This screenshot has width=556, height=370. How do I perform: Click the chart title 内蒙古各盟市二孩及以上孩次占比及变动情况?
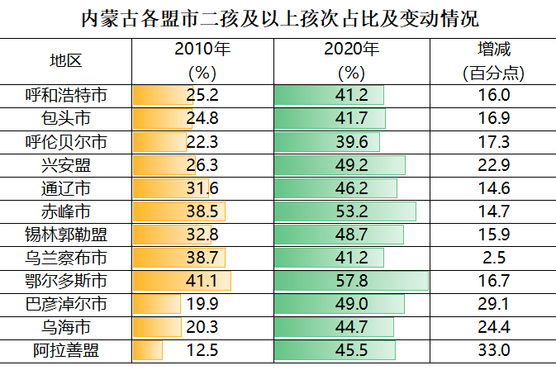coord(278,18)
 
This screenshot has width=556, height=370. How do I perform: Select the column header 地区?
coord(66,61)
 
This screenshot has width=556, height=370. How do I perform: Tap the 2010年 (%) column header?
coord(202,61)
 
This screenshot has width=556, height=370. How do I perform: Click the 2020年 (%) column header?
coord(351,61)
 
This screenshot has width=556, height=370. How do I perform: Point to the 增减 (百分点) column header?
coord(494,61)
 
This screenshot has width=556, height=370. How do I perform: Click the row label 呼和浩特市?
coord(66,95)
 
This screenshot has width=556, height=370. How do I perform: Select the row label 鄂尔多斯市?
coord(66,281)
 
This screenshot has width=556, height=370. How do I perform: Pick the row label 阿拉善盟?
coord(66,351)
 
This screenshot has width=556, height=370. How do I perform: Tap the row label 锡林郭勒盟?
coord(66,235)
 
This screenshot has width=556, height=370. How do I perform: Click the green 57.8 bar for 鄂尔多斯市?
coord(351,281)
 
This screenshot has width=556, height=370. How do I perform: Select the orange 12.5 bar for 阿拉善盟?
coord(148,351)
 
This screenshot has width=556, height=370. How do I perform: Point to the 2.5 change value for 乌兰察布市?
coord(494,258)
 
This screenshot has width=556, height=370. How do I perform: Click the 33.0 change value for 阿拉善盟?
coord(494,351)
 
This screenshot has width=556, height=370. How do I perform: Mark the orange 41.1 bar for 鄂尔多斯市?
coord(182,281)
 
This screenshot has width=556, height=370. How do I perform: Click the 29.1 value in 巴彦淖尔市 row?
coord(494,304)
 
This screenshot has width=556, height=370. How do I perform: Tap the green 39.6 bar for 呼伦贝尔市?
coord(326,141)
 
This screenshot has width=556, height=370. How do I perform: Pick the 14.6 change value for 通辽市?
coord(494,187)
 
